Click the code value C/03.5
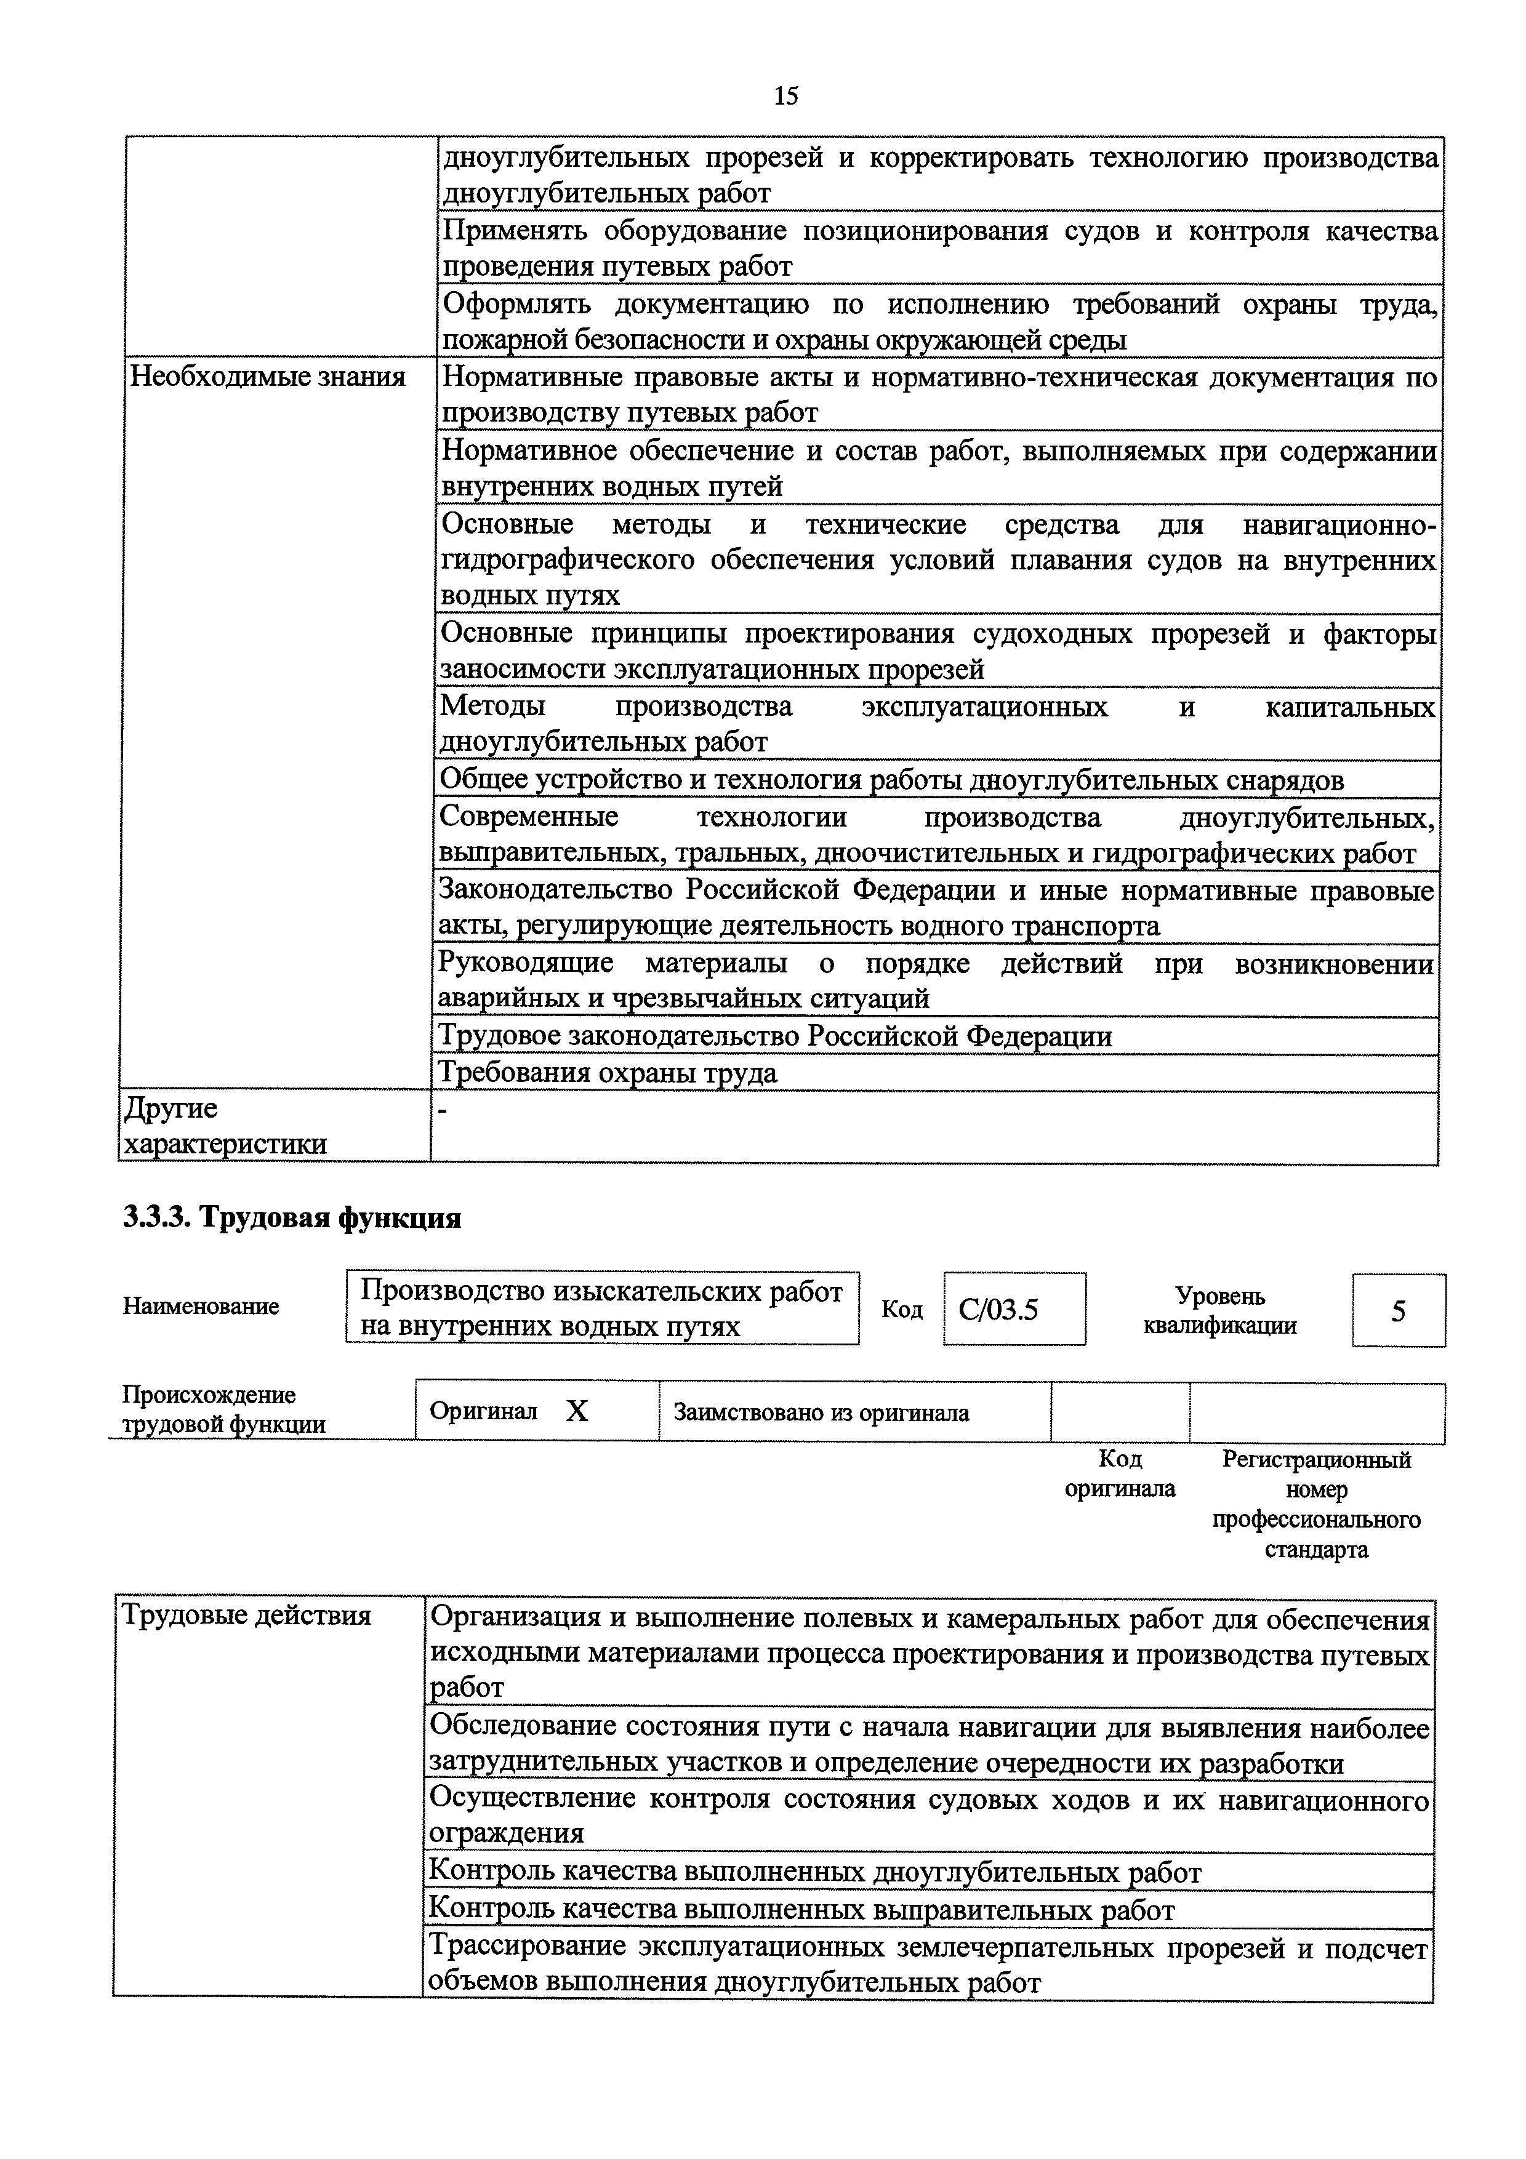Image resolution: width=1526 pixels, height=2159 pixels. [998, 1309]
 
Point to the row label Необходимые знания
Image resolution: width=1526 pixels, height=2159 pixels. [267, 377]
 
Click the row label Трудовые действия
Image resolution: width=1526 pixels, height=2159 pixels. [246, 1616]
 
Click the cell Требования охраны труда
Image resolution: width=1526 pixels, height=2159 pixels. [608, 1073]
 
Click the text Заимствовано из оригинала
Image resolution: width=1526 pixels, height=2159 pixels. [821, 1412]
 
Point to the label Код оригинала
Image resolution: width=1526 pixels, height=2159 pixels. [1119, 1473]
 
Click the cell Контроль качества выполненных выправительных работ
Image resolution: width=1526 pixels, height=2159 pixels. [801, 1910]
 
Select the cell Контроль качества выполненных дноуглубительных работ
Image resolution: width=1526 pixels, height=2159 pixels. [814, 1872]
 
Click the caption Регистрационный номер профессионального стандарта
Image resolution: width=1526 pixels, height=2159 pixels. [1315, 1504]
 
